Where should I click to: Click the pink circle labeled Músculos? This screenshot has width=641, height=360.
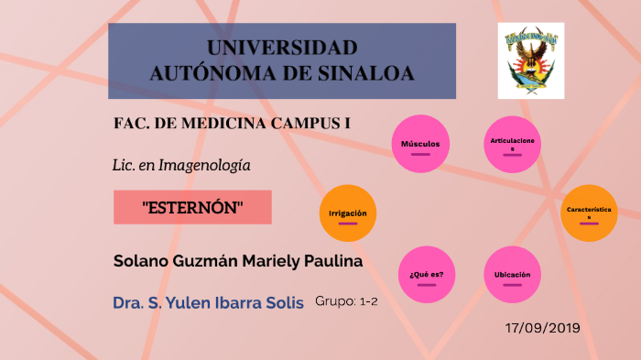coord(420,144)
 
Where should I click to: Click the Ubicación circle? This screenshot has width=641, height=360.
coord(511,274)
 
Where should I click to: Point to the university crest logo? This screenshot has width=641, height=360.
coord(531,60)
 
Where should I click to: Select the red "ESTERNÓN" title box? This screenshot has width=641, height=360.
coord(192,207)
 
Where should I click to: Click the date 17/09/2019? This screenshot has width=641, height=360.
coord(542,327)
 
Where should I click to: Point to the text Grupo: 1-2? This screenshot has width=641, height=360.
coord(346,300)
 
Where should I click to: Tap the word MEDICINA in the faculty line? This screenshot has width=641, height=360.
coord(222,123)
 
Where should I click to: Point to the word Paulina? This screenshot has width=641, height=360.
coord(336,261)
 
